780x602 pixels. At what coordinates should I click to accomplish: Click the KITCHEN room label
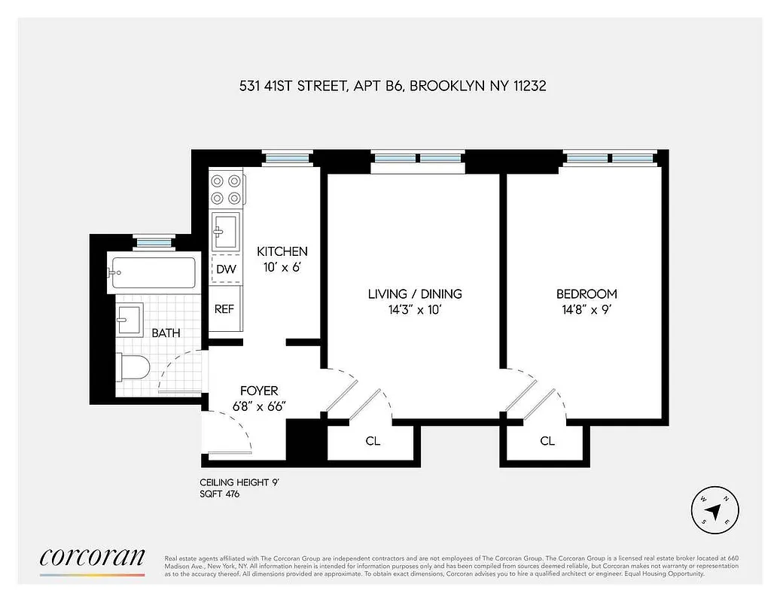[x=282, y=251]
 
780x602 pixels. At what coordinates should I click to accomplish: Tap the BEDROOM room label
[x=586, y=294]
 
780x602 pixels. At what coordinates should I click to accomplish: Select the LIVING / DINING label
[x=414, y=294]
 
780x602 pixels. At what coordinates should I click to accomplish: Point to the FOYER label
[x=258, y=391]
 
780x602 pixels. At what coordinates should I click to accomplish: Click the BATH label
[x=166, y=333]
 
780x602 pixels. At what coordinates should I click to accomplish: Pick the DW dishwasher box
[x=225, y=269]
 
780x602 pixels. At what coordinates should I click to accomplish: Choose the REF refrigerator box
[x=224, y=309]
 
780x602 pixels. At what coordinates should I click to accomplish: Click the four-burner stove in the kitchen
[x=227, y=189]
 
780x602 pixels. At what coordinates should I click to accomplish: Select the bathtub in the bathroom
[x=153, y=273]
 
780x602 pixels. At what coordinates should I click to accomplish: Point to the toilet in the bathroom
[x=134, y=367]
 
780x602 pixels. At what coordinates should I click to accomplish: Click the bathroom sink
[x=129, y=320]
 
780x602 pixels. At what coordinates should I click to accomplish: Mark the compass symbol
[x=715, y=510]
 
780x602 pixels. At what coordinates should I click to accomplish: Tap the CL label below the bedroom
[x=547, y=441]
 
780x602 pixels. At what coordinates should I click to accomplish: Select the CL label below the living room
[x=373, y=441]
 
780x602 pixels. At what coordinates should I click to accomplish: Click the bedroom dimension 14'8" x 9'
[x=586, y=310]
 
